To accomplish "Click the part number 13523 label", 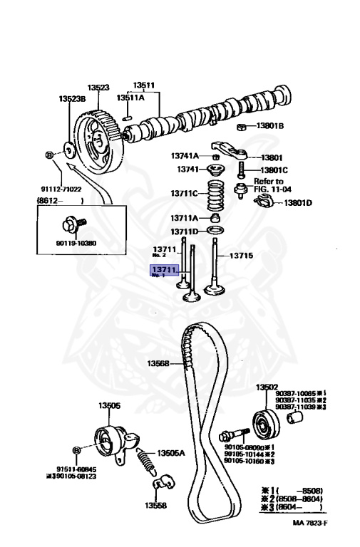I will point(98,88).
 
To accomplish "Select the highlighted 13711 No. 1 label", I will point(163,271).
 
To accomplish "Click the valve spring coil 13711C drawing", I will point(215,193).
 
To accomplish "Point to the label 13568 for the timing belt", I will point(158,363).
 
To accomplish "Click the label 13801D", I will point(298,203).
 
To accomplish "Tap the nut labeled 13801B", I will point(241,127).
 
